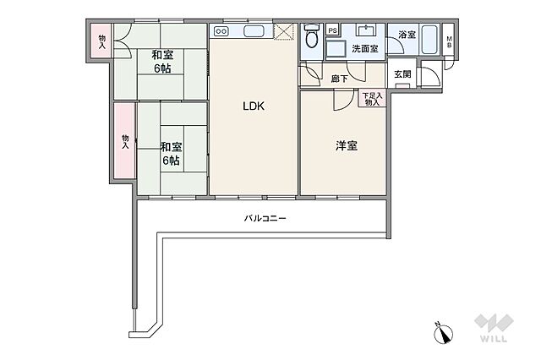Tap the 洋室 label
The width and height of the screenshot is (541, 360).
pyautogui.click(x=346, y=145)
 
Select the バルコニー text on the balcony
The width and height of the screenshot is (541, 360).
pyautogui.click(x=265, y=218)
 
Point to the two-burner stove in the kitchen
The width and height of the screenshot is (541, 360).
pyautogui.click(x=221, y=32)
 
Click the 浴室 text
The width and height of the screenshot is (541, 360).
pyautogui.click(x=407, y=35)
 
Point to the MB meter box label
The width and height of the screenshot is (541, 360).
pyautogui.click(x=449, y=42)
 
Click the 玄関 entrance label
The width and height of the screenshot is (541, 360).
pyautogui.click(x=402, y=74)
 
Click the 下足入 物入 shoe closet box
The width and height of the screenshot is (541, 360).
pyautogui.click(x=372, y=99)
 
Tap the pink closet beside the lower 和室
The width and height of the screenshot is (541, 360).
pyautogui.click(x=125, y=140)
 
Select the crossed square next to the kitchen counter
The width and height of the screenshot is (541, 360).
pyautogui.click(x=283, y=32)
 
